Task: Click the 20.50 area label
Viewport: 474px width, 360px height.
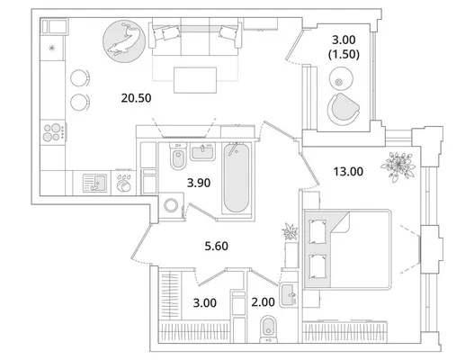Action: tap(136, 98)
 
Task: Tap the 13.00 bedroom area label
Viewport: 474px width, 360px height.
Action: tap(348, 172)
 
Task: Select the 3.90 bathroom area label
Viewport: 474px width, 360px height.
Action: tap(199, 183)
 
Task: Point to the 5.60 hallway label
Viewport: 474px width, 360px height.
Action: tap(217, 246)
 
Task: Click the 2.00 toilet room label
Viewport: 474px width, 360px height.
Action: tap(263, 301)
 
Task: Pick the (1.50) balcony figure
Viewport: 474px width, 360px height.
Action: tap(344, 55)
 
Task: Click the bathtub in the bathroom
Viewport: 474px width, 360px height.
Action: tap(237, 178)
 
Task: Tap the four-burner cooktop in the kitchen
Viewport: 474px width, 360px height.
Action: tap(53, 132)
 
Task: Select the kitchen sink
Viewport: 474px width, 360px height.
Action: tap(94, 183)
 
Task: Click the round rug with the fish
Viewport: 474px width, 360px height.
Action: tap(124, 41)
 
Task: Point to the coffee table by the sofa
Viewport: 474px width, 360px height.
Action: tap(195, 80)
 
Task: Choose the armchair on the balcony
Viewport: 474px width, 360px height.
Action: tap(343, 109)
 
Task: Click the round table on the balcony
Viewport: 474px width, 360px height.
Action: tap(341, 78)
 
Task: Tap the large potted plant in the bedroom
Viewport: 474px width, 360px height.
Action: tap(398, 166)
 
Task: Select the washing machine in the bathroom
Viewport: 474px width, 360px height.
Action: tap(171, 205)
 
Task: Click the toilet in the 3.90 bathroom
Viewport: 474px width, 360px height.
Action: tap(178, 157)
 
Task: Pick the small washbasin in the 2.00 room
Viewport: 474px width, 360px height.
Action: tap(287, 295)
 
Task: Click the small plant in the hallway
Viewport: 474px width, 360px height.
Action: tap(291, 231)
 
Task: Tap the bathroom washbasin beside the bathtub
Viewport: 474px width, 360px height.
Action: tap(203, 151)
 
